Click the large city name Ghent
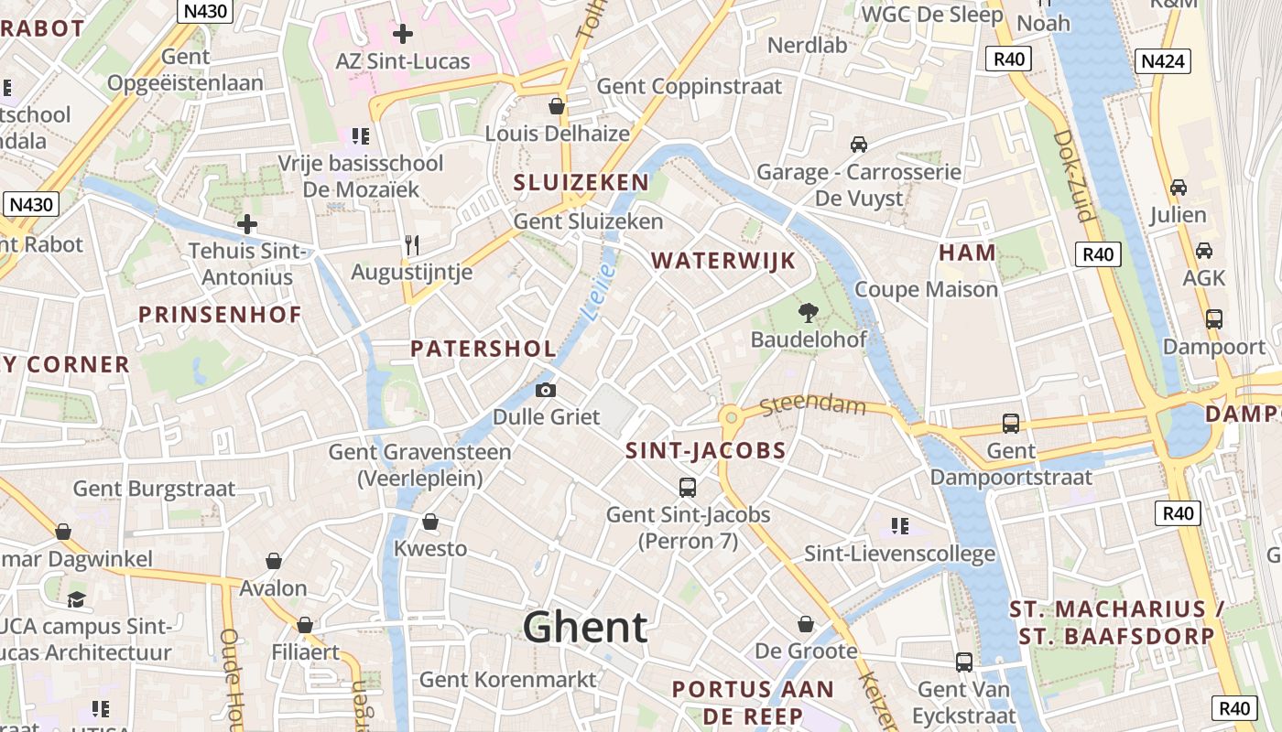coord(585,628)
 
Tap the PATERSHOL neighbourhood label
coord(483,349)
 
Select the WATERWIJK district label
coord(723,261)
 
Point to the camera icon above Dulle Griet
coord(546,391)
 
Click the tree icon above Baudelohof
coord(808,313)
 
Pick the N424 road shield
coord(1163,61)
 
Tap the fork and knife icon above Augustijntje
coord(412,245)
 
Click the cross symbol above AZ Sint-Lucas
coord(402,35)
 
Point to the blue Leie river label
coord(597,293)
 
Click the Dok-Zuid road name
coord(1073,175)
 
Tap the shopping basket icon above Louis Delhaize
coord(556,106)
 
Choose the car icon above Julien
coord(1179,188)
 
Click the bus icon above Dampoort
coord(1213,319)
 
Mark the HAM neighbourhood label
coord(967,253)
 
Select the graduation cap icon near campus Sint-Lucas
coord(76,600)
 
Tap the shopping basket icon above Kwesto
coord(429,522)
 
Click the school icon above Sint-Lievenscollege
coord(899,526)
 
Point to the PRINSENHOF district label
coord(220,316)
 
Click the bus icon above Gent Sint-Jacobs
coord(688,488)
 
